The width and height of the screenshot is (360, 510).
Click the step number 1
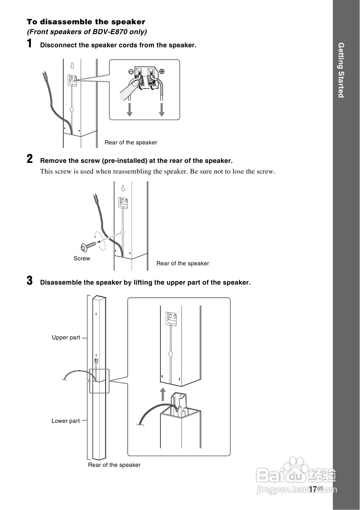coord(30,44)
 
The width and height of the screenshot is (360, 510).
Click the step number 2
coord(30,159)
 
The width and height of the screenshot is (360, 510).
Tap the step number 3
coord(30,281)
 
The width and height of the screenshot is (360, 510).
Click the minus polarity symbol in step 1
coord(131,71)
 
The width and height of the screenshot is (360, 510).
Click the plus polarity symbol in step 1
coord(162,71)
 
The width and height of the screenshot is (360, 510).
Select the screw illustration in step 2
coord(88,246)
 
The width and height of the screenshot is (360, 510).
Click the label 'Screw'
coord(82,258)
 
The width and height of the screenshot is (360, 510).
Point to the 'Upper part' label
coord(66,338)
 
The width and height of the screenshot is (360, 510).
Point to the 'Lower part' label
coord(65,421)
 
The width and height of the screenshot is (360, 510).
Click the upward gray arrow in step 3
coord(163,394)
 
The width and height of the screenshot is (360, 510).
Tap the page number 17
coord(313,489)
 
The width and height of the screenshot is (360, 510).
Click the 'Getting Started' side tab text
coord(341,70)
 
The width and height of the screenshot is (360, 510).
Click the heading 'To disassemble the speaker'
coord(86,22)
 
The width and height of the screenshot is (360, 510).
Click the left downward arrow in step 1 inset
coord(130,109)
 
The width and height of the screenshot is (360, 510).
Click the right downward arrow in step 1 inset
coord(162,109)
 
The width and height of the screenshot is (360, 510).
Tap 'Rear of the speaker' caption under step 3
coord(114,465)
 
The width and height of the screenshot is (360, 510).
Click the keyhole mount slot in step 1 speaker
coord(72,66)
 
